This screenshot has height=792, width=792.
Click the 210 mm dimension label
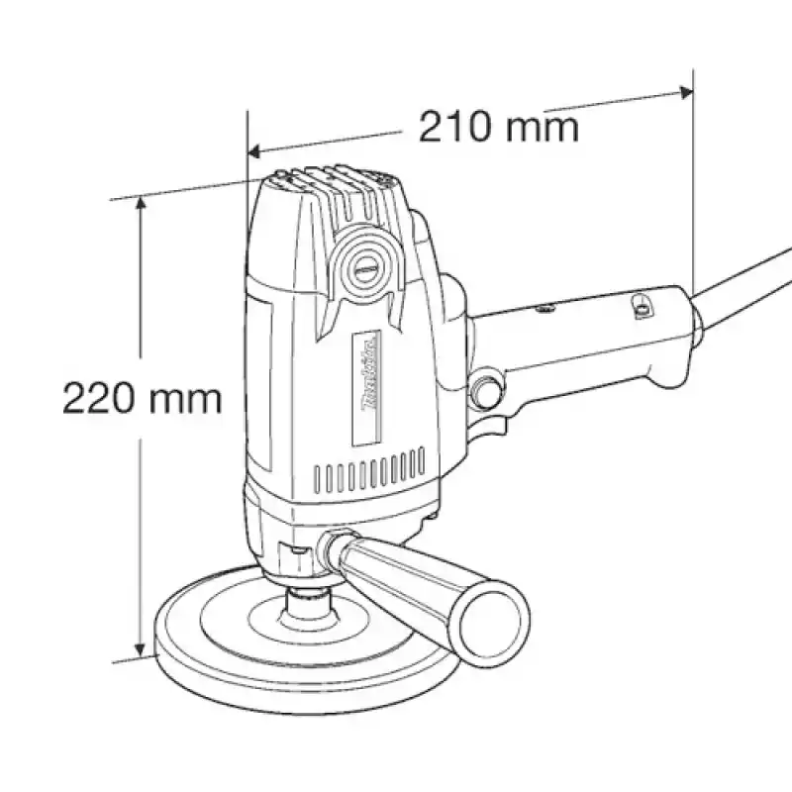[x=498, y=127]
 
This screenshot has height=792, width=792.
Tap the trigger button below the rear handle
[x=486, y=389]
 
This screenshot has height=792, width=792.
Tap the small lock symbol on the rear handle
[x=641, y=308]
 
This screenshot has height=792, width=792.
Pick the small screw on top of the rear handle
[x=543, y=310]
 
